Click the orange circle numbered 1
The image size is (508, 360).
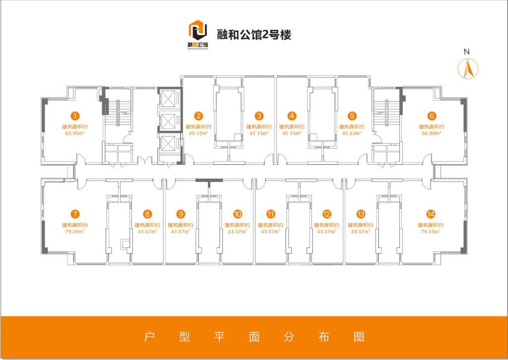[75, 117]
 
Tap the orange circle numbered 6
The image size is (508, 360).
[432, 116]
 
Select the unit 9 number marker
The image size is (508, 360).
[181, 215]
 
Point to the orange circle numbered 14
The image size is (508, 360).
[430, 215]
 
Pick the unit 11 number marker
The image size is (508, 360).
[270, 215]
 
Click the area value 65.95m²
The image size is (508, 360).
[75, 133]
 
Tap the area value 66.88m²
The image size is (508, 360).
[432, 133]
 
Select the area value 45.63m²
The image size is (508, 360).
[352, 133]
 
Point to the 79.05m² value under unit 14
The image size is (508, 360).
[430, 231]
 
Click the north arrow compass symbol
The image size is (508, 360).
[467, 68]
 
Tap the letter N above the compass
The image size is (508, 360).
[466, 51]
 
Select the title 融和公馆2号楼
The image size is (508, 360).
[254, 35]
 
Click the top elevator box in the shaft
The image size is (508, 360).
[168, 99]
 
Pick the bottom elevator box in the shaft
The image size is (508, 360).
[168, 144]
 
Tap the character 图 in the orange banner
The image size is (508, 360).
[359, 337]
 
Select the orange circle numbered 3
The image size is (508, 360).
[259, 117]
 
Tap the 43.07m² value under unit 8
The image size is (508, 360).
[147, 231]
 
